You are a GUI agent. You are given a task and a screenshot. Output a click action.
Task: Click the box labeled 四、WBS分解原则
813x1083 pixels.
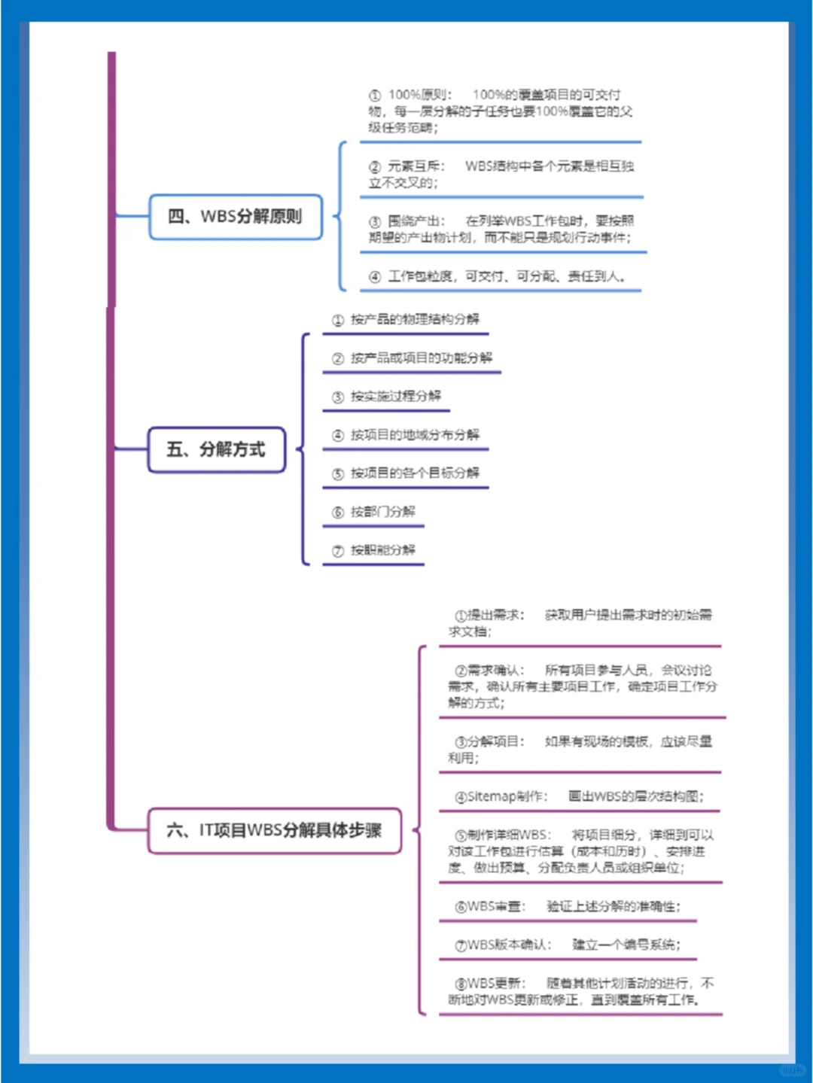[x=236, y=218]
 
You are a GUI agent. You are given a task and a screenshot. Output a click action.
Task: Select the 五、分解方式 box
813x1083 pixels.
[x=216, y=450]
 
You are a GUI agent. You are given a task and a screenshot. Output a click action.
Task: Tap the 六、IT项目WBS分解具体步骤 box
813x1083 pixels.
[x=274, y=831]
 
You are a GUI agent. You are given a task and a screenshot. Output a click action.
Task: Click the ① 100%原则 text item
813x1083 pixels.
[x=500, y=111]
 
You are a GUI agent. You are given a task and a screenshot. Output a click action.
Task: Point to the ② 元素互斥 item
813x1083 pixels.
[x=501, y=175]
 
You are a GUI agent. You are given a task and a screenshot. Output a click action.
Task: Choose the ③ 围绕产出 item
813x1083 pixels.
[x=501, y=230]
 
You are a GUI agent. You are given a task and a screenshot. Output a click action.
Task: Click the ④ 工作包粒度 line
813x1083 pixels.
[x=498, y=277]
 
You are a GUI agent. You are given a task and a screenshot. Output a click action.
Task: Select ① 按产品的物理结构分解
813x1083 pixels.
[x=406, y=320]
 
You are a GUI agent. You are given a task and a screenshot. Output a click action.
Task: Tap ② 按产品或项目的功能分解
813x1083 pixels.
[x=412, y=358]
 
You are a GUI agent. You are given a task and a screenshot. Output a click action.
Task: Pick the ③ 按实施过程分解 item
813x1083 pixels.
[x=387, y=397]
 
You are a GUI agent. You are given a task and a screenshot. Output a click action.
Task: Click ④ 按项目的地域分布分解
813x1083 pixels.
[x=406, y=435]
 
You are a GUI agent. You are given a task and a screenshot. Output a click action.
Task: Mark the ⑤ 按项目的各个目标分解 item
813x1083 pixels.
[x=406, y=473]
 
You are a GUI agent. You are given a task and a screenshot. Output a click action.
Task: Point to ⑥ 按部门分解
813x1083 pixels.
[x=374, y=512]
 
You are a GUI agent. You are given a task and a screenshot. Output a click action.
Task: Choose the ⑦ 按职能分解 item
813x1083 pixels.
[x=374, y=550]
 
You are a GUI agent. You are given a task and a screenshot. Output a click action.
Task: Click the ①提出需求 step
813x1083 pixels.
[x=580, y=623]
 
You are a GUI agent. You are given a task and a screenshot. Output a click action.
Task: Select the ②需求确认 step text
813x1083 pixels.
[x=582, y=686]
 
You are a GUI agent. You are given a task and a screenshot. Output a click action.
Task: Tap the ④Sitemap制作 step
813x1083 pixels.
[x=579, y=796]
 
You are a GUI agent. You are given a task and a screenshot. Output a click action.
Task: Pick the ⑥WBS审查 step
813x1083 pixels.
[x=567, y=906]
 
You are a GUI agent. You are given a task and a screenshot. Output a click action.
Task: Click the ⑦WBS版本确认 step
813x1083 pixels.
[x=567, y=945]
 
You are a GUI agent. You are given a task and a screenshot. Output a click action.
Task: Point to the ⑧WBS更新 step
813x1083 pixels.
[x=580, y=991]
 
